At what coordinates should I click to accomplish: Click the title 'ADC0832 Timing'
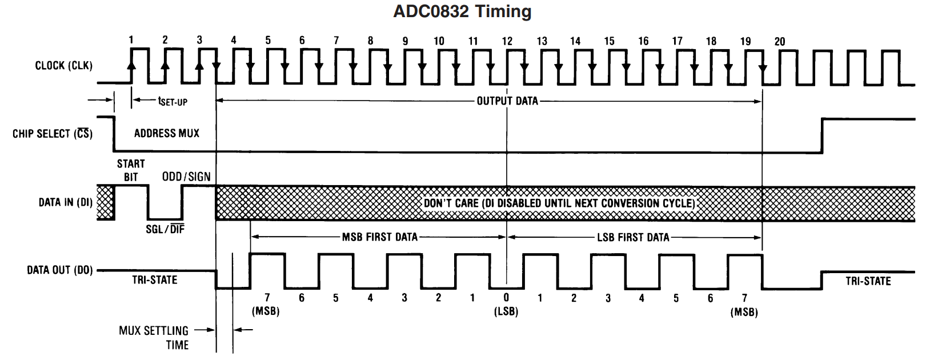[x=462, y=11]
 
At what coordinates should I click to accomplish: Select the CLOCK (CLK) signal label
[x=63, y=66]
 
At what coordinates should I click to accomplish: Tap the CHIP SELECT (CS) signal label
[x=53, y=134]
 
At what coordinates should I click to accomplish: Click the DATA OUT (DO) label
[x=60, y=270]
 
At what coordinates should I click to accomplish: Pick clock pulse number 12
[x=507, y=41]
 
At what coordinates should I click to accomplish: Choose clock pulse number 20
[x=779, y=41]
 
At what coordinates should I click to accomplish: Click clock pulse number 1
[x=131, y=40]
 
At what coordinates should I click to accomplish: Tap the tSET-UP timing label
[x=173, y=102]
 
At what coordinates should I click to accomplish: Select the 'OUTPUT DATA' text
[x=507, y=101]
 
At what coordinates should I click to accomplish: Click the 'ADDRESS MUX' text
[x=167, y=133]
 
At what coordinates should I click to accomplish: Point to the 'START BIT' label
[x=131, y=170]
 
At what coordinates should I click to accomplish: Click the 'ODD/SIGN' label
[x=186, y=177]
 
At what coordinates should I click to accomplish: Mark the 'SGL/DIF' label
[x=166, y=229]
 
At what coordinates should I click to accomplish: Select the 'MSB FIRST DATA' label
[x=379, y=237]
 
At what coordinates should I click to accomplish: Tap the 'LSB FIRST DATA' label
[x=633, y=237]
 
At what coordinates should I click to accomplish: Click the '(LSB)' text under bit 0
[x=506, y=312]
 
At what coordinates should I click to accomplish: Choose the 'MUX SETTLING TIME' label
[x=154, y=338]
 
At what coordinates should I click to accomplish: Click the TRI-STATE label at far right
[x=868, y=281]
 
